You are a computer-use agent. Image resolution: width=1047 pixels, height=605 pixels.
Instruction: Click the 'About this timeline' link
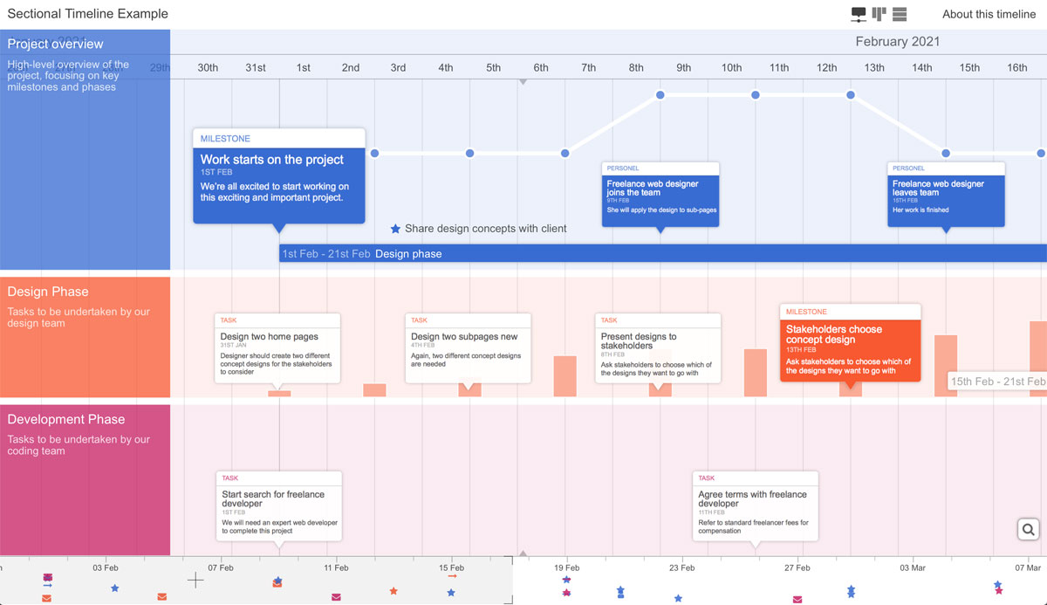coord(989,14)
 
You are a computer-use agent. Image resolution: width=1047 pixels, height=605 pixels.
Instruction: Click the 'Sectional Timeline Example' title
coord(87,14)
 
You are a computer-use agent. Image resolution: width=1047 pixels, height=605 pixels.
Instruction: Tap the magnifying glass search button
coord(1028,529)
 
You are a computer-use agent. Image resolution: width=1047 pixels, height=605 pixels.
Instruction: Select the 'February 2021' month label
coord(897,42)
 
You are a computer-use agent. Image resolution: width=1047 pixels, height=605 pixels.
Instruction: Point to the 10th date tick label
coord(731,67)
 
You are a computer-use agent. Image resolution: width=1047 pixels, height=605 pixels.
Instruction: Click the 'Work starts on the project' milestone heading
coord(272,160)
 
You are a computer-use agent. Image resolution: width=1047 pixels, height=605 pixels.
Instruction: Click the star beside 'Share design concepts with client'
coord(395,229)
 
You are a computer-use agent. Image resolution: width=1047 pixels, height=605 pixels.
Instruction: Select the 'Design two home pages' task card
coord(277,347)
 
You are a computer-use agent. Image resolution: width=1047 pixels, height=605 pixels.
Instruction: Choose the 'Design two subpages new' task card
coord(469,347)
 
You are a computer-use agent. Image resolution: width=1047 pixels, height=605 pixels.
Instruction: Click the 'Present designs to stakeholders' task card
coord(658,347)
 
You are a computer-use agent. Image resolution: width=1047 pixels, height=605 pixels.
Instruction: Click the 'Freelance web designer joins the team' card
coord(660,194)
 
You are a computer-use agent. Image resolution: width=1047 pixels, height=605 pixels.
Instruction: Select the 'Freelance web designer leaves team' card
coord(946,194)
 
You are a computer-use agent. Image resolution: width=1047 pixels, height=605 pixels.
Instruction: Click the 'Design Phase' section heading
coord(48,292)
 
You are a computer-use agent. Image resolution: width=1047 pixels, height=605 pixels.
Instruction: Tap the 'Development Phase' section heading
coord(66,419)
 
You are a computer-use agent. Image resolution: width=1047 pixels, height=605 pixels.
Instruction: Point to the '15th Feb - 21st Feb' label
coord(997,382)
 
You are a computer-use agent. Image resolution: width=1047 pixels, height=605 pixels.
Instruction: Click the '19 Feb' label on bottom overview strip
coord(566,567)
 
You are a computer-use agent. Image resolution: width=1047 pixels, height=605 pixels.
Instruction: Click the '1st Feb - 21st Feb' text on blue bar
coord(325,254)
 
